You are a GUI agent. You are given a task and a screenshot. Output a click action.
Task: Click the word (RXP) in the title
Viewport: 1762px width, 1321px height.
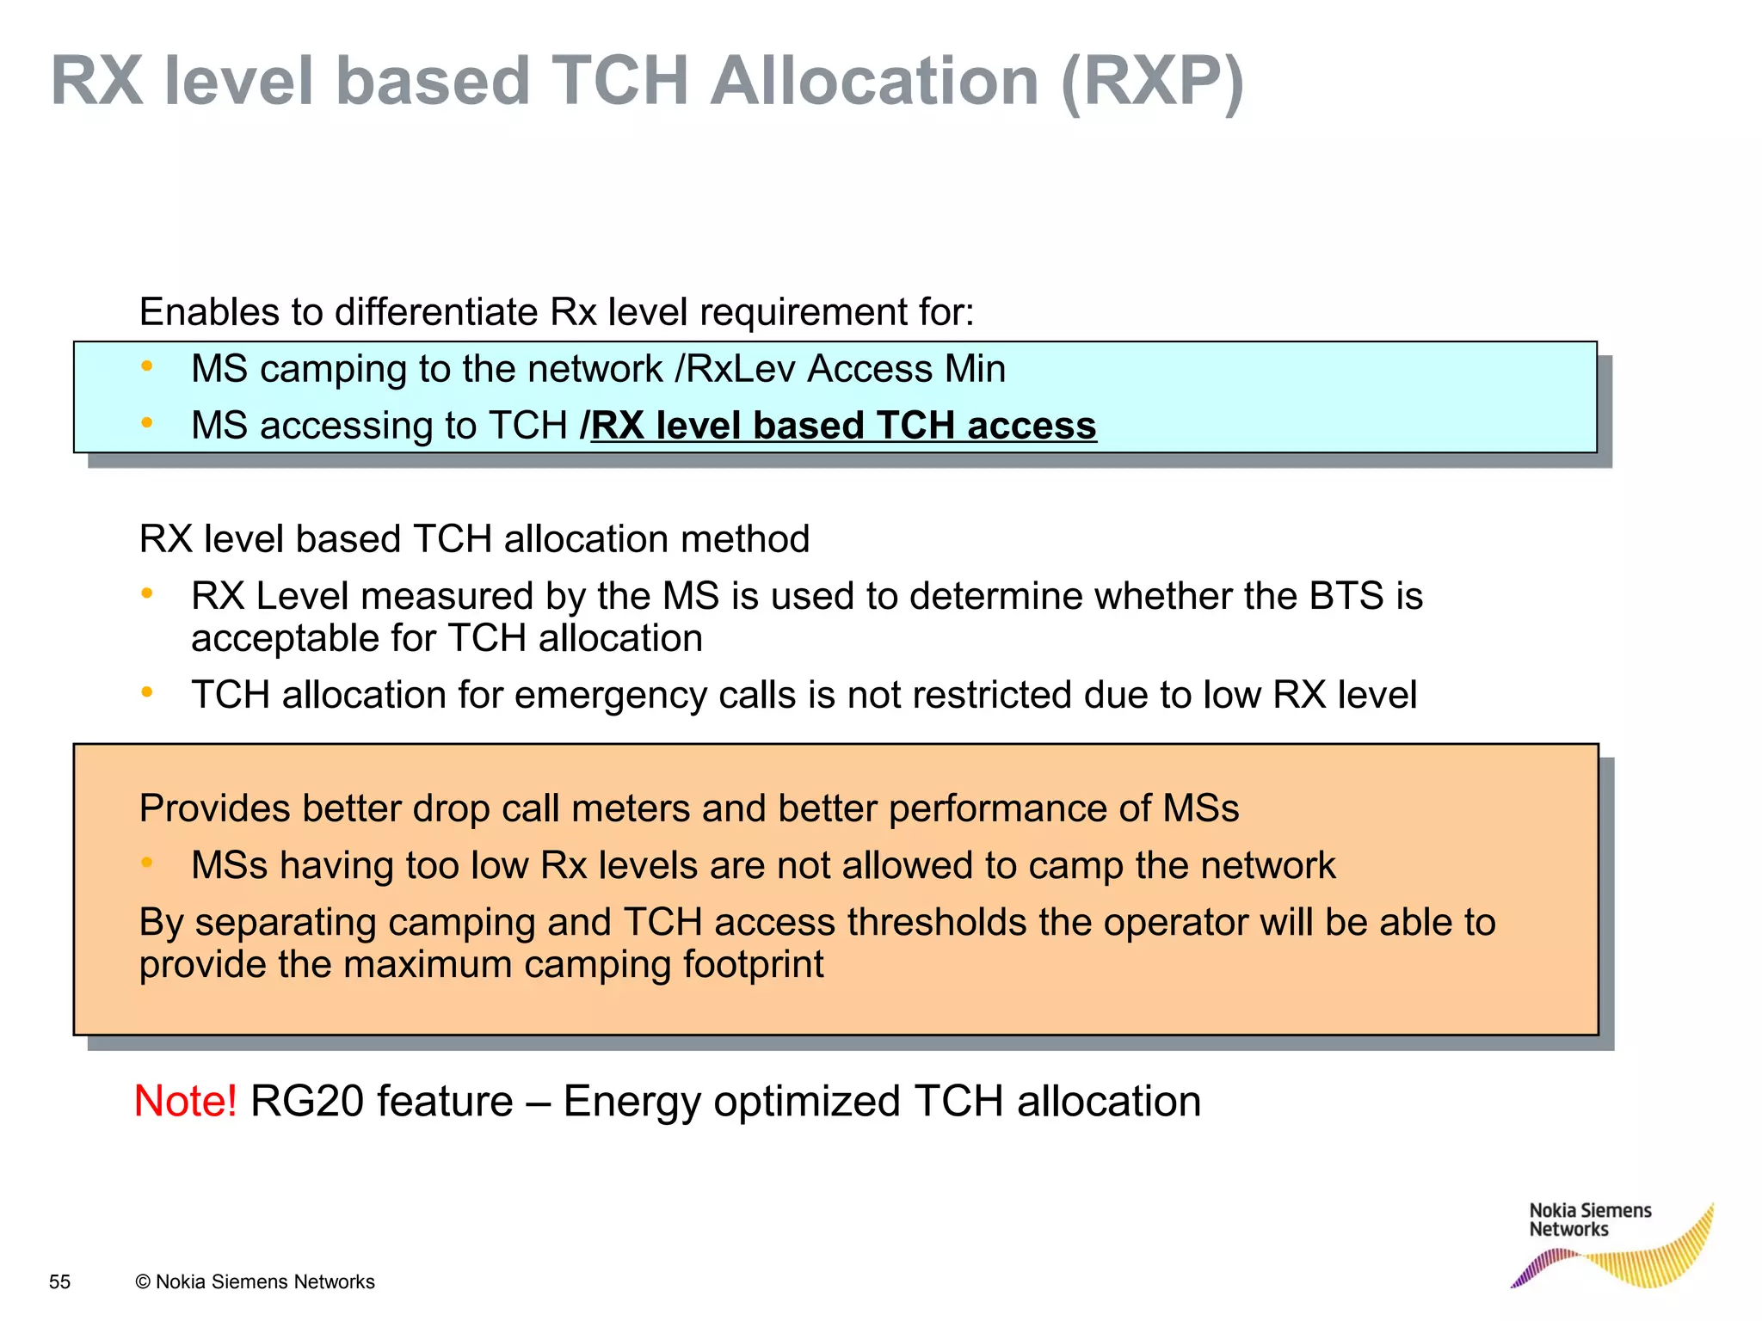coord(1153,82)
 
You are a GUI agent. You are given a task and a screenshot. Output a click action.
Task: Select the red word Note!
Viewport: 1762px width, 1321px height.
coord(186,1102)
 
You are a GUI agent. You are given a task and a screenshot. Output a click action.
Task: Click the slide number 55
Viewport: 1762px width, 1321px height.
coord(60,1281)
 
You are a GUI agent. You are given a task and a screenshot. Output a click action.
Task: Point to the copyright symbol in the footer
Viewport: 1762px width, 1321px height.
coord(143,1281)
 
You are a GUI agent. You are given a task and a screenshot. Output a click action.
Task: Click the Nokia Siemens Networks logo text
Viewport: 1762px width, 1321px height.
coord(1589,1220)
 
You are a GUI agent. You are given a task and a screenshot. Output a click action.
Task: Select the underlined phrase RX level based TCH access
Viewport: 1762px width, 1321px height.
coord(843,426)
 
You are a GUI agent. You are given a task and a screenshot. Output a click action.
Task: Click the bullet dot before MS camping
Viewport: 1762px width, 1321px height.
coord(147,367)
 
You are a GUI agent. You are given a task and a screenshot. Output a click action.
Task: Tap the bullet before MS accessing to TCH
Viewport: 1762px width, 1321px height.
coord(147,423)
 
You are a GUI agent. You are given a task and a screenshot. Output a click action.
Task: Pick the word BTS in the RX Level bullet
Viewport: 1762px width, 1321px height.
coord(1346,596)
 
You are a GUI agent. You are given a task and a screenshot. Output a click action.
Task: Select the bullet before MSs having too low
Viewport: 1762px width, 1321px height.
coord(147,863)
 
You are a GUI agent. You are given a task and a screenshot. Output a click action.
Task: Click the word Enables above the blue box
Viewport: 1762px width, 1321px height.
coord(208,311)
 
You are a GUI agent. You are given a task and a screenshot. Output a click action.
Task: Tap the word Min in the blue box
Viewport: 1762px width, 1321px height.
coord(975,369)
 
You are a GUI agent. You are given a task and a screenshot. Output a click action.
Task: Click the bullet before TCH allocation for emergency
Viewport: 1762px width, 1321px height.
coord(147,692)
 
